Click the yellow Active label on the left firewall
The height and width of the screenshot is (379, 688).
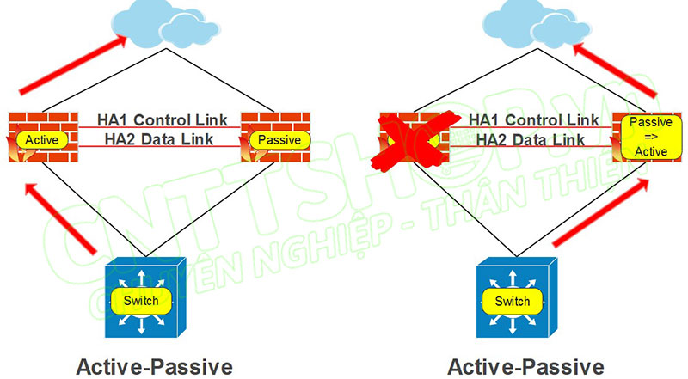[x=40, y=139]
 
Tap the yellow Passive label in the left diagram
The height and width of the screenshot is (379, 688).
[x=279, y=139]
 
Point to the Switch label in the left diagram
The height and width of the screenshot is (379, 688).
[x=141, y=301]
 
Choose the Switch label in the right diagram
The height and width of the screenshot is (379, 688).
[x=513, y=301]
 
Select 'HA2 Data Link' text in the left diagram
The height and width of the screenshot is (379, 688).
[x=158, y=138]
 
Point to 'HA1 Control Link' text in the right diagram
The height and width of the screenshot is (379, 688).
[x=534, y=119]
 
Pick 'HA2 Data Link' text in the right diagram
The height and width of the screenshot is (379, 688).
[x=531, y=138]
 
